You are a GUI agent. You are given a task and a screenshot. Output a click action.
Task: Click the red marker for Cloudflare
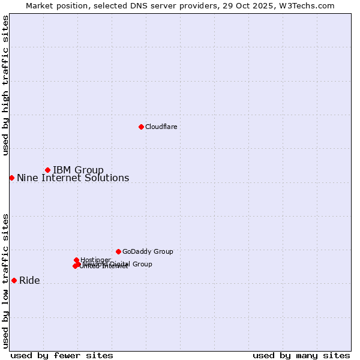pos(141,127)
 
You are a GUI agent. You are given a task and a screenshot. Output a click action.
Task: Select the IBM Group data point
pos(47,170)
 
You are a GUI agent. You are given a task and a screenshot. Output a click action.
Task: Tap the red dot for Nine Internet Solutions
pos(11,178)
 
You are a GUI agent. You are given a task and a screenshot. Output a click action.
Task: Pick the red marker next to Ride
pos(14,280)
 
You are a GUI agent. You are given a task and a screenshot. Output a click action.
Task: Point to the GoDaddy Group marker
pos(118,251)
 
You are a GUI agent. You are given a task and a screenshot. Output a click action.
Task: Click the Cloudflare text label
pos(161,127)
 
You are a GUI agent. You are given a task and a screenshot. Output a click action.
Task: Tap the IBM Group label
pos(78,170)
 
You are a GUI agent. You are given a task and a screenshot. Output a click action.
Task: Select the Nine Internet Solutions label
pos(73,178)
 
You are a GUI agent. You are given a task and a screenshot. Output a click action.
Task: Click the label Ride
pos(29,281)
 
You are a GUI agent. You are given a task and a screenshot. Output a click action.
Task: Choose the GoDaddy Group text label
pos(148,252)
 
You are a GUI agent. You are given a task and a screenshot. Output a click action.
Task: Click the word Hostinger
pos(95,260)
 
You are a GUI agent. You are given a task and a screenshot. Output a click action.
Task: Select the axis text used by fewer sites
pos(62,355)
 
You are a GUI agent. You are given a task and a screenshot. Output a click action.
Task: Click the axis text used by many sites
pos(301,355)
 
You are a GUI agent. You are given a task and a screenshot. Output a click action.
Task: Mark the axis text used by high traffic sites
pos(5,85)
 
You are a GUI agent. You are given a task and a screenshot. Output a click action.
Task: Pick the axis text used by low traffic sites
pos(5,281)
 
